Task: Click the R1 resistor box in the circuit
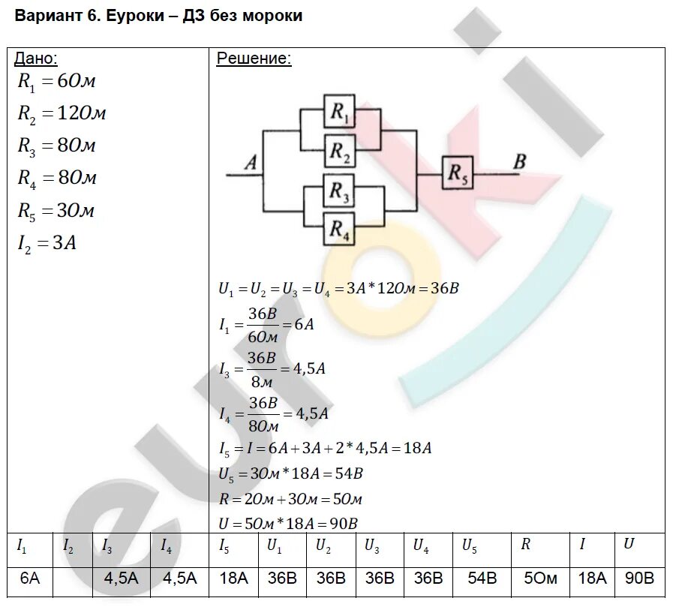click(x=339, y=113)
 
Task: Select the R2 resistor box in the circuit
click(x=339, y=152)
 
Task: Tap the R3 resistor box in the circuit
click(x=339, y=193)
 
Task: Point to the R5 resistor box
click(x=457, y=173)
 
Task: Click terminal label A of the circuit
click(x=251, y=161)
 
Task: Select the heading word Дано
click(x=36, y=59)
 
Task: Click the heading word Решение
click(x=254, y=59)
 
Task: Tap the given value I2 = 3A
click(x=47, y=243)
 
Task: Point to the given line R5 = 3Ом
click(x=56, y=211)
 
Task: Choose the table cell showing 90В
click(x=638, y=578)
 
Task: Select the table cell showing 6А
click(x=30, y=578)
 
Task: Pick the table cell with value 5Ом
click(x=539, y=578)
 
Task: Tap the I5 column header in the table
click(x=224, y=546)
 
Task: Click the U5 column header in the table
click(x=469, y=546)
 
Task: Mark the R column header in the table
click(x=526, y=545)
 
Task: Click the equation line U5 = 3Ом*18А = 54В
click(x=290, y=474)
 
